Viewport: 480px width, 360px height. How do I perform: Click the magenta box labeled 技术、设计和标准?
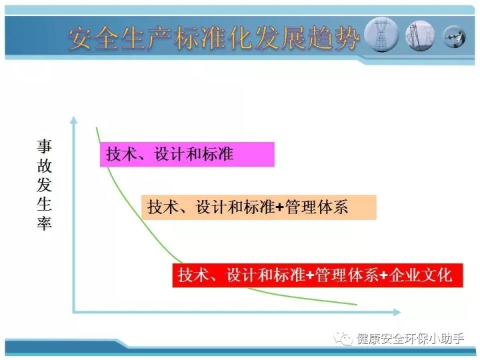click(x=187, y=154)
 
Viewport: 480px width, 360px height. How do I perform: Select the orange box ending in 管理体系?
click(x=259, y=207)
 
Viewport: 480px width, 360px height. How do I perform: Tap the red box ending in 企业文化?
click(x=317, y=275)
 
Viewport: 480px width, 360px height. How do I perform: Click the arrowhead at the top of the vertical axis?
click(x=73, y=120)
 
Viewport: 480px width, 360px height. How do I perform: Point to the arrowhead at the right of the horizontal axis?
click(x=397, y=312)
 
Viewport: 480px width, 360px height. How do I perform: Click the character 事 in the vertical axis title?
click(x=45, y=146)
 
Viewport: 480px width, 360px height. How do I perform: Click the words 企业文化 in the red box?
click(x=420, y=275)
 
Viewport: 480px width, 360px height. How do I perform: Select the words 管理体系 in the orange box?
click(x=316, y=207)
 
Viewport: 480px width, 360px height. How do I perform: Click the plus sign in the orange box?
click(x=280, y=208)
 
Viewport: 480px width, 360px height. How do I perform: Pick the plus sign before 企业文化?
click(x=384, y=275)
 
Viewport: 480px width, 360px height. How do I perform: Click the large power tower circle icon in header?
click(x=381, y=35)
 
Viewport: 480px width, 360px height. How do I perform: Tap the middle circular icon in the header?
click(x=420, y=35)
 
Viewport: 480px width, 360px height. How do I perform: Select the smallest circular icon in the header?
click(x=454, y=37)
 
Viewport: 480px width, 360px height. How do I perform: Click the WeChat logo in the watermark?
click(x=343, y=338)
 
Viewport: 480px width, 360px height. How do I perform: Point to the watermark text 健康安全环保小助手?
click(x=410, y=339)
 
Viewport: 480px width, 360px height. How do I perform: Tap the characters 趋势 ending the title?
click(x=333, y=38)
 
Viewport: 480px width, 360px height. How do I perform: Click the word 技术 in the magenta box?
click(x=121, y=154)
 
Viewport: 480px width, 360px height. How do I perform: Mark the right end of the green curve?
click(x=357, y=305)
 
